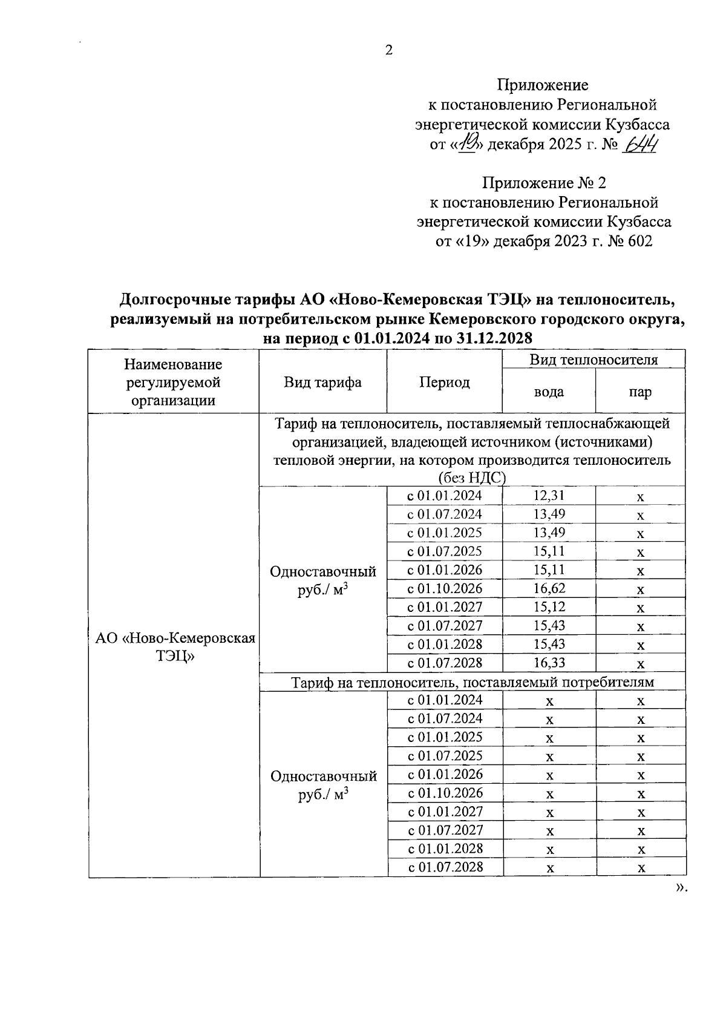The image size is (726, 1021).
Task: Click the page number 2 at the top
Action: point(388,50)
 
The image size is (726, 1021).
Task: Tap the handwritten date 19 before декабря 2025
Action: point(469,145)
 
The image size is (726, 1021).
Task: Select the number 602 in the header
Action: point(639,241)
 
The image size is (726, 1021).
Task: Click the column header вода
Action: point(549,392)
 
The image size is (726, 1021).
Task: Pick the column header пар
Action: point(640,392)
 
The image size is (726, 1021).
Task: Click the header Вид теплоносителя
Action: point(594,360)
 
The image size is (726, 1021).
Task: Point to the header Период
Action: point(444,382)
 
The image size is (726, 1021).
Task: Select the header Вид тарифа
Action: point(322,382)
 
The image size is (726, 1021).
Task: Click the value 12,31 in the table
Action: point(549,496)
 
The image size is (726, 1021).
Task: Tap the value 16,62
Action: point(549,588)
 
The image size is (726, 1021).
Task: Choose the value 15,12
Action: point(549,607)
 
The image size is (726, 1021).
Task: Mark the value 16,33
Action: point(549,663)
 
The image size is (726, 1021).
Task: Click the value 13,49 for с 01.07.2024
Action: point(549,514)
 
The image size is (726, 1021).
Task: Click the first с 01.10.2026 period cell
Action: point(445,588)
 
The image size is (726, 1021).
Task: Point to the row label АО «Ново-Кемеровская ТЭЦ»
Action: point(175,647)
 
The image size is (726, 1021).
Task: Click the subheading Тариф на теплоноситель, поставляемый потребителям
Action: point(473,682)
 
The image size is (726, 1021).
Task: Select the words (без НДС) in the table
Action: point(472,478)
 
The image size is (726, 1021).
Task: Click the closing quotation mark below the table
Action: point(681,888)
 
